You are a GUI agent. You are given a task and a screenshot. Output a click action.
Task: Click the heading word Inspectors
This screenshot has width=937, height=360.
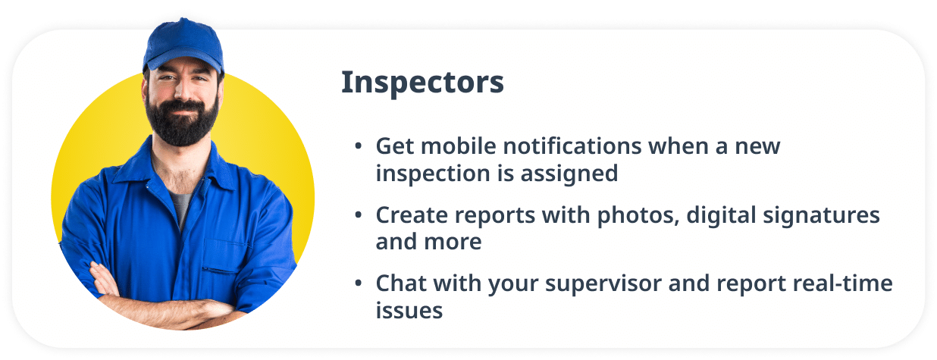tap(422, 83)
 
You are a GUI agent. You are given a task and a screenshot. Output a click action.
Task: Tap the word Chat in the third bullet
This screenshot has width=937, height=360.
tap(401, 284)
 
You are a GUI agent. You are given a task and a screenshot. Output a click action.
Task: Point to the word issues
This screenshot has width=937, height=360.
tap(409, 311)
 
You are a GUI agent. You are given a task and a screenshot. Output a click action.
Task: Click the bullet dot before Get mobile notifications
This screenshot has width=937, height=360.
tap(358, 147)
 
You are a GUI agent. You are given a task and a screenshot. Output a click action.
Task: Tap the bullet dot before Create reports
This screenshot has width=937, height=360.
tap(358, 216)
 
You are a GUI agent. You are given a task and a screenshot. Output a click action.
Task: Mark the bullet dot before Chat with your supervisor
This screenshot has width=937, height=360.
tap(358, 285)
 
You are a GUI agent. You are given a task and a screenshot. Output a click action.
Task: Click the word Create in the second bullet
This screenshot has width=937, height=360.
tap(412, 215)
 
